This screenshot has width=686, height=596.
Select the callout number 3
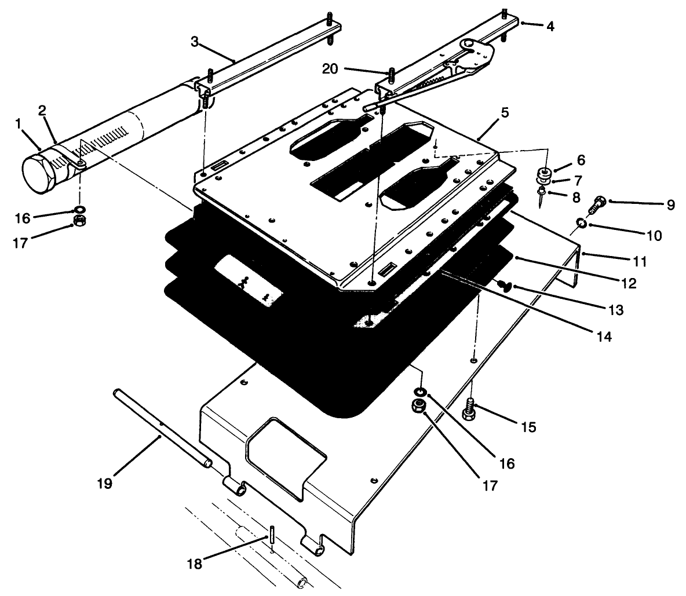[x=195, y=42]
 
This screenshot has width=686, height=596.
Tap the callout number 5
[x=505, y=112]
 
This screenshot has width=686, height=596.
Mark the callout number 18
[x=195, y=563]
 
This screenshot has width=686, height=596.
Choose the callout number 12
[x=629, y=284]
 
